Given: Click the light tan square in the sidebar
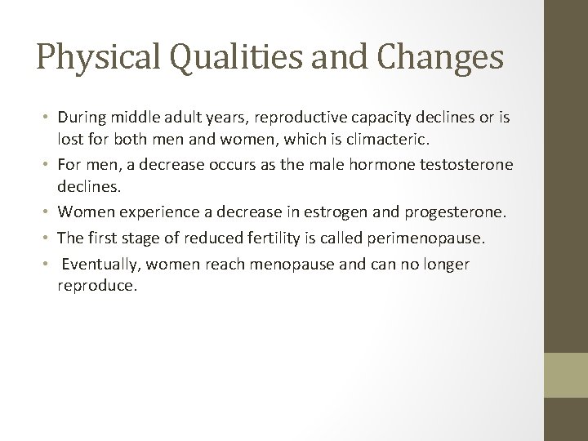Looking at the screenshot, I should (566, 375).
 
